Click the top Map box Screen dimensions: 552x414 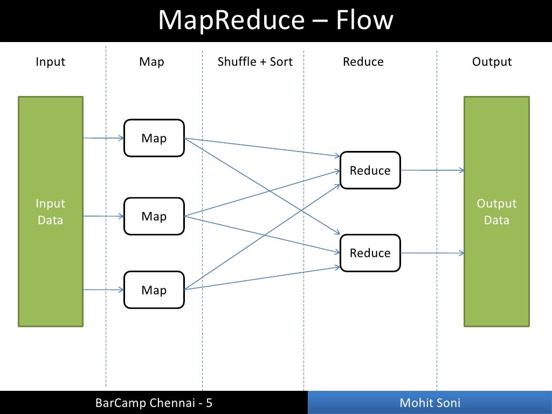(x=154, y=138)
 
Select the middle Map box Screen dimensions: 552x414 (x=154, y=216)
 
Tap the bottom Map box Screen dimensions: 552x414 (x=154, y=289)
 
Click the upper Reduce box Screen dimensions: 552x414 (x=370, y=170)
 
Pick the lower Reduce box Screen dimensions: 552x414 (x=370, y=253)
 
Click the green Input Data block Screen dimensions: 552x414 (x=51, y=211)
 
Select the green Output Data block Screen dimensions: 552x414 (x=496, y=211)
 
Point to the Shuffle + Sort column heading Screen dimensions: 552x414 (x=255, y=61)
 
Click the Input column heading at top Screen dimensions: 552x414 (x=50, y=62)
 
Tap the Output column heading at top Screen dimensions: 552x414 (x=492, y=62)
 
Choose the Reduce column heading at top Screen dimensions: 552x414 (x=363, y=61)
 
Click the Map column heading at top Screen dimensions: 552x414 (x=151, y=62)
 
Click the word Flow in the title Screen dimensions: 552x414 (x=364, y=20)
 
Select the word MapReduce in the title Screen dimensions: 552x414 (x=231, y=20)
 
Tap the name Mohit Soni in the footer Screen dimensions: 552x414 (x=430, y=403)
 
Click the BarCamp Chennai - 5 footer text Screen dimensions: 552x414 (x=154, y=403)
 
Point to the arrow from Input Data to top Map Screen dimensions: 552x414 (x=104, y=138)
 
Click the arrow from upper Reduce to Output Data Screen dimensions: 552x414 (x=433, y=170)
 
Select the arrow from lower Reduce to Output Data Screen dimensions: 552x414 (x=433, y=253)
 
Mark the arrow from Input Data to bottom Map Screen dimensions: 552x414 (x=104, y=289)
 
